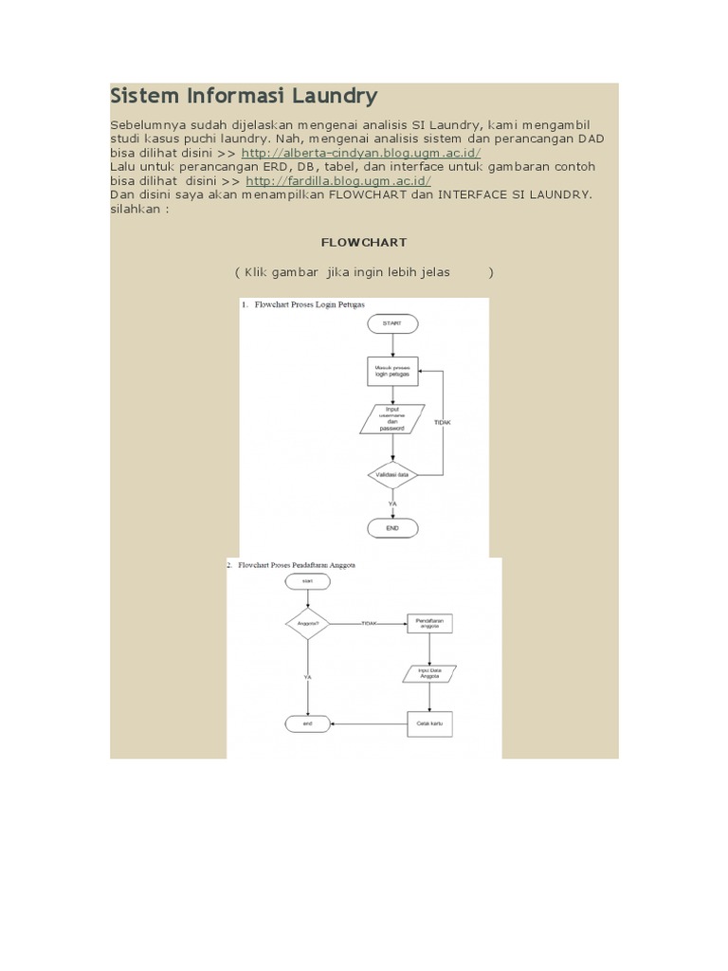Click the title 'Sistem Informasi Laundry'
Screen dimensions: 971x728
coord(244,96)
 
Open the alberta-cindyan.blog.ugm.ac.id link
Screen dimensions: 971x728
coord(361,153)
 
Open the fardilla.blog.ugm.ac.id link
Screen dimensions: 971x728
coord(338,180)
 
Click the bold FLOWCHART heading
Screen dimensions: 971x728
coord(363,243)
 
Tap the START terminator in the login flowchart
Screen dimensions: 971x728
coord(391,323)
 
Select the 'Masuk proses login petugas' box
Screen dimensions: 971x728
coord(392,371)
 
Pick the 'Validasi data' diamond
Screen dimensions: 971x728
coord(391,471)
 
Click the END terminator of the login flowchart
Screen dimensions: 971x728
coord(391,527)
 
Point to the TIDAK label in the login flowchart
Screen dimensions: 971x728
coord(443,421)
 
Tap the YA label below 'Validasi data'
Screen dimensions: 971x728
coord(391,504)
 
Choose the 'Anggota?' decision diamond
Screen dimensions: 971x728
coord(307,623)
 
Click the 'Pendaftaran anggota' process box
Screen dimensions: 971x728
coord(430,623)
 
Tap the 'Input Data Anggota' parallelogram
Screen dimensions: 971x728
coord(430,672)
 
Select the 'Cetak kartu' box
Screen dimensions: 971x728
coord(430,724)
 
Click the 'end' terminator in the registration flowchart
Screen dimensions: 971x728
coord(307,724)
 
